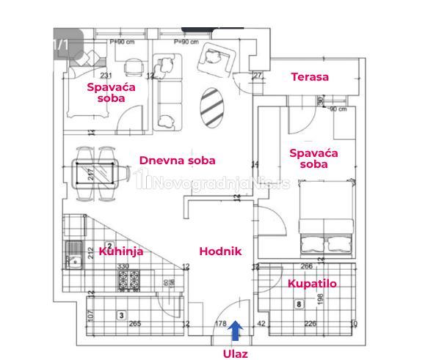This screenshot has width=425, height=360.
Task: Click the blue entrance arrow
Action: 235,331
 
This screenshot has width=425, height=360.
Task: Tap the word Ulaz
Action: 236,353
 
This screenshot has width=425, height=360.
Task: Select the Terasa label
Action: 309,77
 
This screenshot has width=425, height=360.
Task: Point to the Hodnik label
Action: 220,251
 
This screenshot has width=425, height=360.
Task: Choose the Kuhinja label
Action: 120,251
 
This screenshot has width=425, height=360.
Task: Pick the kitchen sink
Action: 73,260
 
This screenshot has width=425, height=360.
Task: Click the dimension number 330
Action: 123,266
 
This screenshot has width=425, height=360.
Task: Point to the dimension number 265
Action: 134,323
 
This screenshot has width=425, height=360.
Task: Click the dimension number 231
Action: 106,76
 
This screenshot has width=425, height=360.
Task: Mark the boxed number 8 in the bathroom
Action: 298,303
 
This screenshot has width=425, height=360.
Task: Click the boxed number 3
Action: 121,315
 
